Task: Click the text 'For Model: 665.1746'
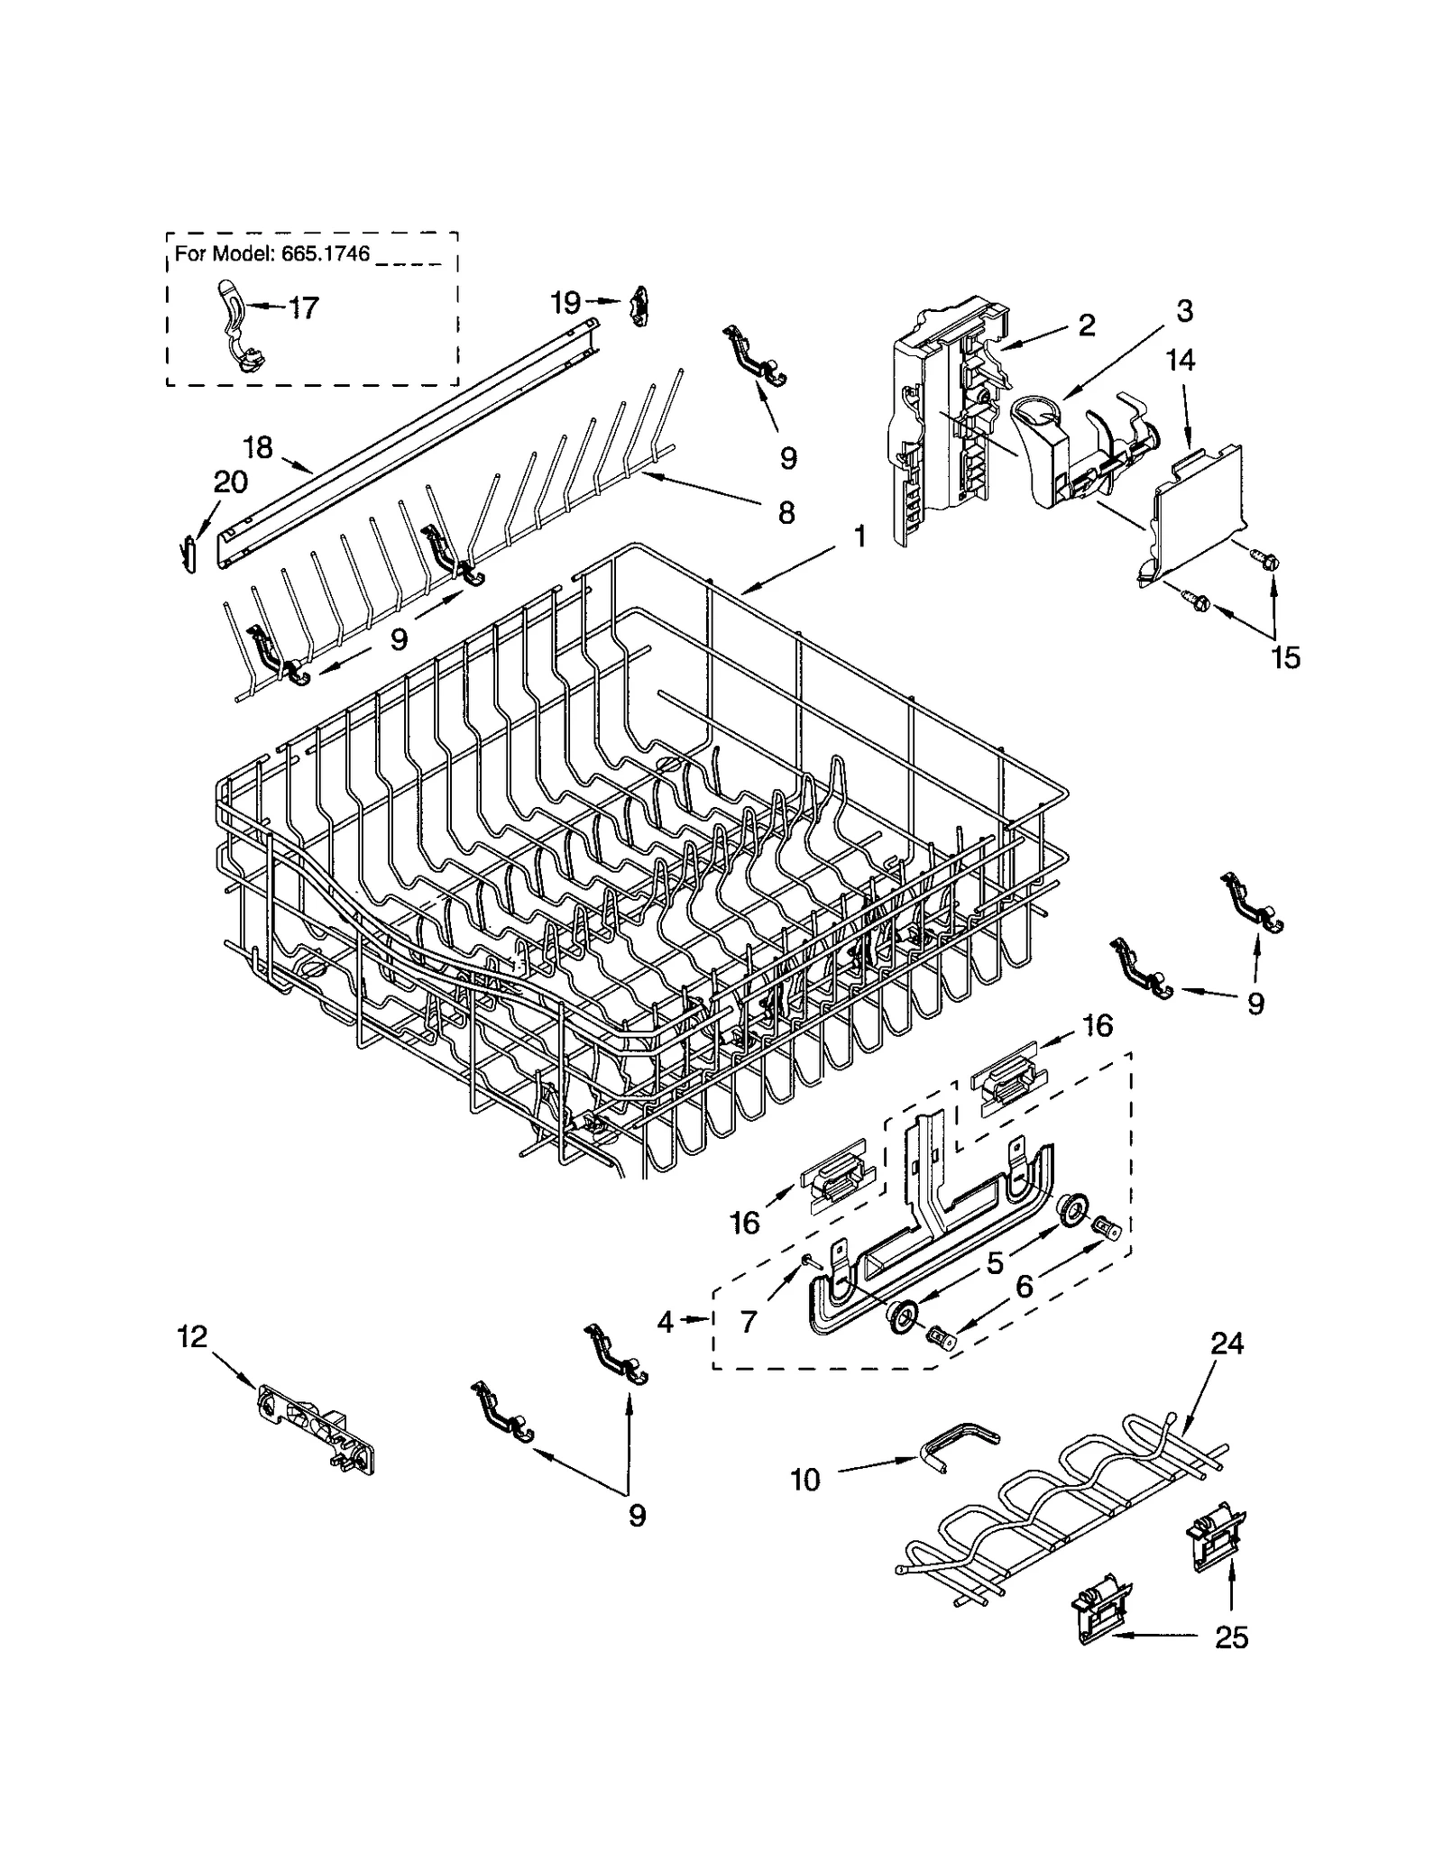point(271,254)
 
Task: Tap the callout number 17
point(303,308)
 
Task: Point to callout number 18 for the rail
point(258,447)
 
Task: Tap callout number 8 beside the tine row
point(786,514)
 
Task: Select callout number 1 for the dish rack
point(859,537)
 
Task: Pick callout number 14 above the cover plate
point(1180,361)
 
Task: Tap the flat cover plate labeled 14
point(1195,514)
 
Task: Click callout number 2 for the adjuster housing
point(1086,325)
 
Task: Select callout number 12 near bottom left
point(193,1336)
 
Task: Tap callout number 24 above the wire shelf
point(1227,1369)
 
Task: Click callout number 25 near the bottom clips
point(1231,1662)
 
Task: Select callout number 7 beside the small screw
point(749,1323)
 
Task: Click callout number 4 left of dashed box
point(666,1323)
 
